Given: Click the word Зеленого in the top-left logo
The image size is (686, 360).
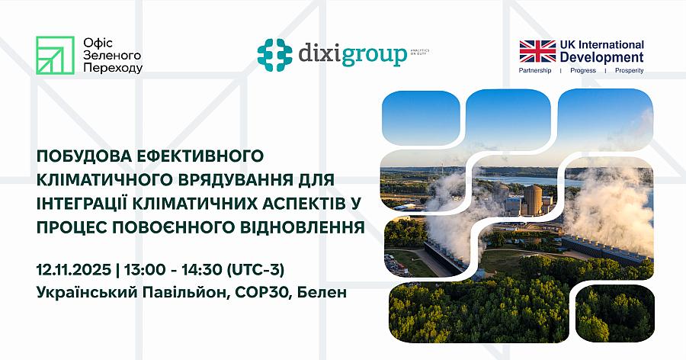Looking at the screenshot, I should pos(105,56).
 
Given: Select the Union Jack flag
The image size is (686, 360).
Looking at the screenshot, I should pos(538,52).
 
